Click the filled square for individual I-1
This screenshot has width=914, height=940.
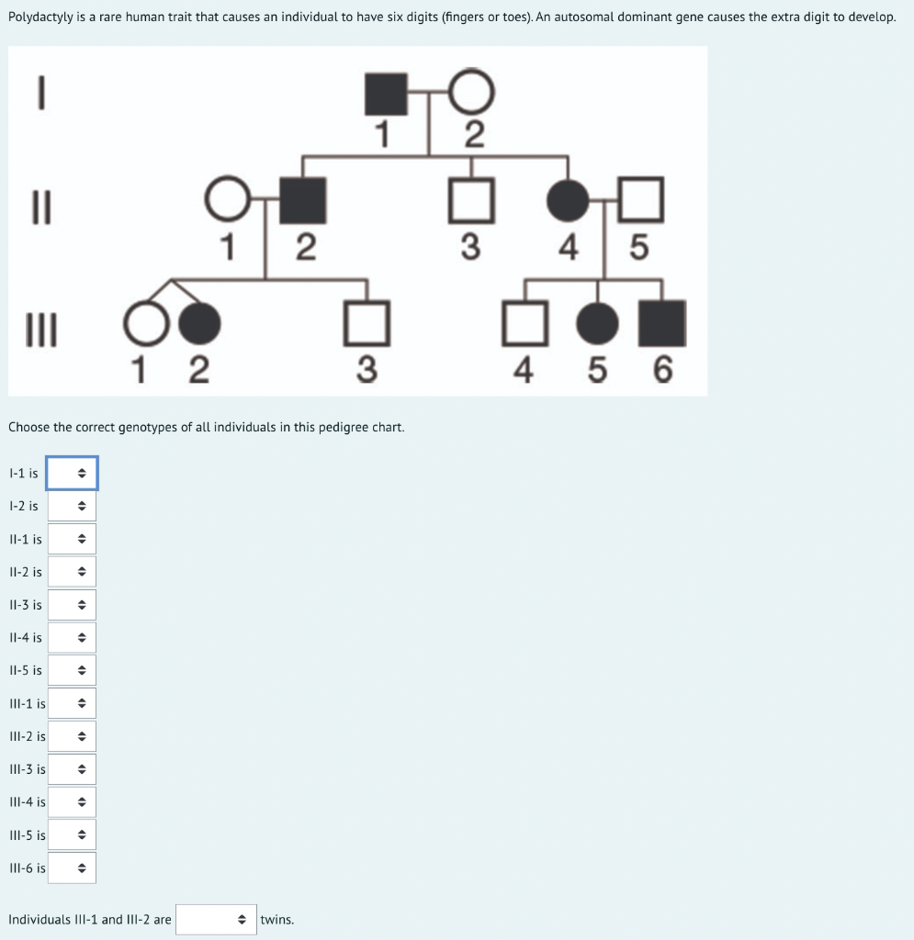tap(386, 94)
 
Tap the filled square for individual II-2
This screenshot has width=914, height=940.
tap(303, 200)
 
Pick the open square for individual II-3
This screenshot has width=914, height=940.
tap(449, 200)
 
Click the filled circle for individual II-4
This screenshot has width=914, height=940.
tap(568, 200)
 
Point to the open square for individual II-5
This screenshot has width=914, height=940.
tap(619, 199)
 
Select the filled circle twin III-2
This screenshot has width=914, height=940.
tap(199, 323)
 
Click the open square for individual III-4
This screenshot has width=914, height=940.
tap(502, 323)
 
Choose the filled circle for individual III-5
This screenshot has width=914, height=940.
tap(597, 323)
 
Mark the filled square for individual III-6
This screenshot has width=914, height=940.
tap(662, 324)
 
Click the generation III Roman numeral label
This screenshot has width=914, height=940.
tap(41, 330)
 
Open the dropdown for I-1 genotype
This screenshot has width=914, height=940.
tap(72, 473)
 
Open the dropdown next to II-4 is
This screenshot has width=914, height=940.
tap(72, 637)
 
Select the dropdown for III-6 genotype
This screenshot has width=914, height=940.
tap(72, 867)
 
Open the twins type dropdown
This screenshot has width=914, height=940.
tap(217, 919)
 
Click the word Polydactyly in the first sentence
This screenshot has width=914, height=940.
tap(40, 17)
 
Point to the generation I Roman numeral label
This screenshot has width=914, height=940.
tap(41, 93)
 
